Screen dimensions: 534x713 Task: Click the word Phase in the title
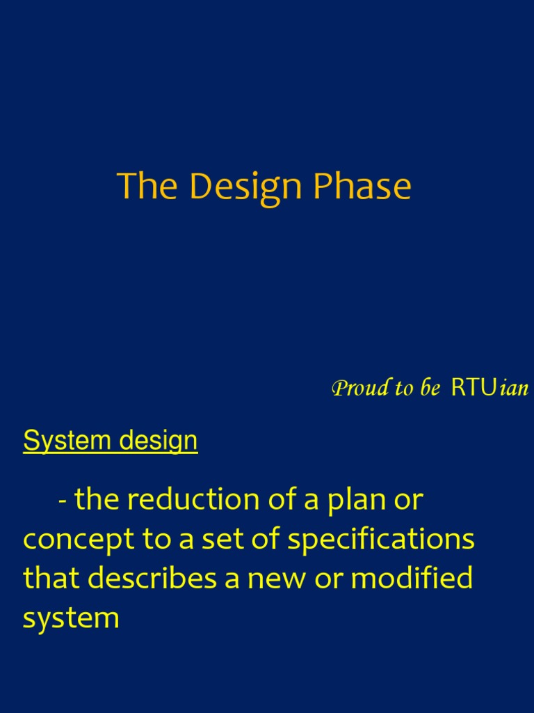click(362, 185)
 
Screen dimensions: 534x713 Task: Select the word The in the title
click(147, 185)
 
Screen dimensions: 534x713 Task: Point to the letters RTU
click(474, 388)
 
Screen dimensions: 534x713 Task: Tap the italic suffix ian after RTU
click(514, 389)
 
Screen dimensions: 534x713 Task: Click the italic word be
click(430, 388)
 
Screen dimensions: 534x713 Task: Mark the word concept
click(79, 540)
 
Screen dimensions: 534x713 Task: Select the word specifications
click(381, 540)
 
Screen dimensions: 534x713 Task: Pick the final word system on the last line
click(71, 619)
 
